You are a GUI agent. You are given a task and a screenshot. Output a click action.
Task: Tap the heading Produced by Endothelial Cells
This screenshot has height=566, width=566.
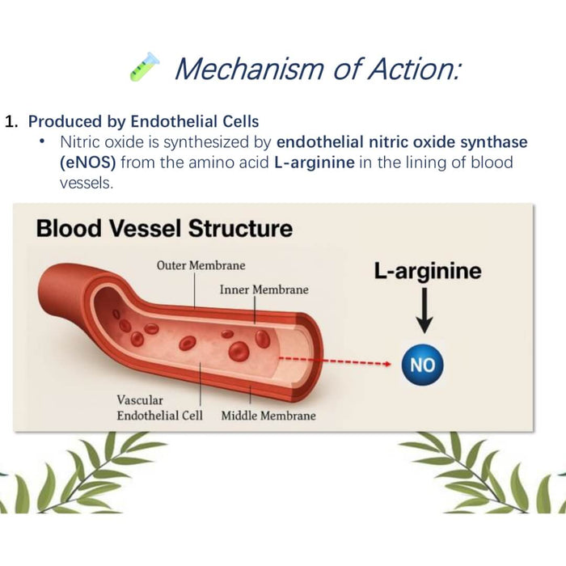pyautogui.click(x=144, y=121)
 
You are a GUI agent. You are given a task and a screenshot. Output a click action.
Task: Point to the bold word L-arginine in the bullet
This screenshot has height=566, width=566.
pyautogui.click(x=310, y=162)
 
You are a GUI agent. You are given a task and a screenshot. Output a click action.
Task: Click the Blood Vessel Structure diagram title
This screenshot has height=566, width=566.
pyautogui.click(x=163, y=228)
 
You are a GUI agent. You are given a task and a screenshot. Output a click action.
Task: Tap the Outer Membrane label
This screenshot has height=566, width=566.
pyautogui.click(x=201, y=265)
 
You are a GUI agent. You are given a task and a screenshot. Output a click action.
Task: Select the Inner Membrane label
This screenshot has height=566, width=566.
pyautogui.click(x=264, y=289)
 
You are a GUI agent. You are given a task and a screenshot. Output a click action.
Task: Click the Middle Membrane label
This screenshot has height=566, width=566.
pyautogui.click(x=268, y=416)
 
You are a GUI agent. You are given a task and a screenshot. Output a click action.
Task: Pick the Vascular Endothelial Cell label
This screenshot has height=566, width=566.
pyautogui.click(x=159, y=408)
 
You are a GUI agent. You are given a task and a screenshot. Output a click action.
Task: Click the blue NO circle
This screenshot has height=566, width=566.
pyautogui.click(x=422, y=365)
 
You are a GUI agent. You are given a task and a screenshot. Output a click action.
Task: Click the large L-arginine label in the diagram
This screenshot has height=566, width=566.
pyautogui.click(x=427, y=271)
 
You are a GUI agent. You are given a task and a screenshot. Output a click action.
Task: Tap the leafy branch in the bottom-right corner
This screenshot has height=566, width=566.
pyautogui.click(x=477, y=477)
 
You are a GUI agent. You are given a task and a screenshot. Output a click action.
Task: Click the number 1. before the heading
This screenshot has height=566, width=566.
pyautogui.click(x=12, y=122)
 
